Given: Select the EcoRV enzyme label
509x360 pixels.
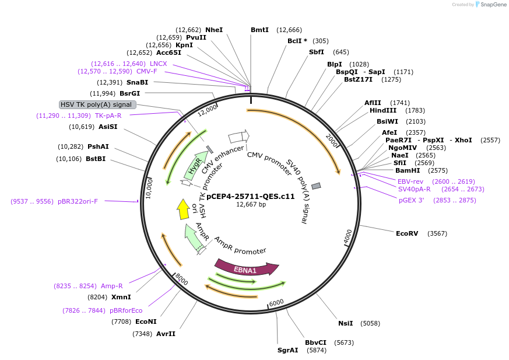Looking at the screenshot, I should click(x=407, y=233).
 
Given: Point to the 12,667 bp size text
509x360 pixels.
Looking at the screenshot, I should click(x=251, y=204).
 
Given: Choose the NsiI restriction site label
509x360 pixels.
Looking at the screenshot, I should click(x=346, y=323).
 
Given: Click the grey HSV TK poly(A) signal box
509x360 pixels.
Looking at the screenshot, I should click(x=98, y=104).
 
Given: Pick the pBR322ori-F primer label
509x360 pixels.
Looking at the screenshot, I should click(x=78, y=201).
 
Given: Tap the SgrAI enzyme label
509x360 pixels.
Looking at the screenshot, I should click(x=287, y=351).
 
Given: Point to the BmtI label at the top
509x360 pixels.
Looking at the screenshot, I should click(x=259, y=30).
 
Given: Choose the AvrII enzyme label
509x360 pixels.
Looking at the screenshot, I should click(x=166, y=334).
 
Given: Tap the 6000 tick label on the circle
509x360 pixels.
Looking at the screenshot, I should click(x=276, y=302).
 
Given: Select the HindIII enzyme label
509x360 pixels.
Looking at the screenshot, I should click(x=382, y=110).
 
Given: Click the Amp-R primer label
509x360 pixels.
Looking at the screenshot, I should click(x=111, y=286).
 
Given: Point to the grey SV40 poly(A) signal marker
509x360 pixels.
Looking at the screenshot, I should click(x=316, y=186).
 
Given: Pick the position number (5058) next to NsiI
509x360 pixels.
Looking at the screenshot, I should click(x=370, y=323).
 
